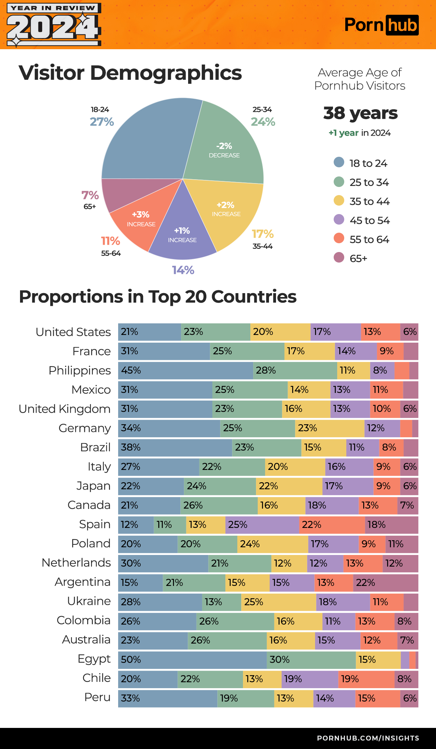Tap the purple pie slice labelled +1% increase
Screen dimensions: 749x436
pos(182,235)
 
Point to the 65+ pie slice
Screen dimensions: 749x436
pos(137,193)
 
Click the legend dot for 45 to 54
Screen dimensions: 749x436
pos(339,220)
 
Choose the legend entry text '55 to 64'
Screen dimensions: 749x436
pos(369,239)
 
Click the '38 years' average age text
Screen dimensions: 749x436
pos(360,113)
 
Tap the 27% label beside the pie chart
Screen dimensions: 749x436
pos(102,122)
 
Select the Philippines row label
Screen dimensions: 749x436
pos(79,370)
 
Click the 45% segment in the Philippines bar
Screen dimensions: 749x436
pos(185,370)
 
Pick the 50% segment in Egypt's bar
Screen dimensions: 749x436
pos(192,659)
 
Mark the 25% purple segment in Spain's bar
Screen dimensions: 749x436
pos(262,525)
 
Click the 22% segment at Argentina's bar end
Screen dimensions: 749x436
pos(385,583)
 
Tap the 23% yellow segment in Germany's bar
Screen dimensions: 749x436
pos(329,428)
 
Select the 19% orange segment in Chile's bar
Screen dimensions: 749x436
pos(366,679)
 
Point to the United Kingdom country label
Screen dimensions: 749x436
pos(64,409)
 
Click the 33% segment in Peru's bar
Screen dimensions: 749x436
pos(167,698)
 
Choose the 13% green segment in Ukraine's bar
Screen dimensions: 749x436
pos(222,602)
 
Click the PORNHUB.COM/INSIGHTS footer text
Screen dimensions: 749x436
pos(368,738)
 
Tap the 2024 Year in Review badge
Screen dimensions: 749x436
pos(54,25)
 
